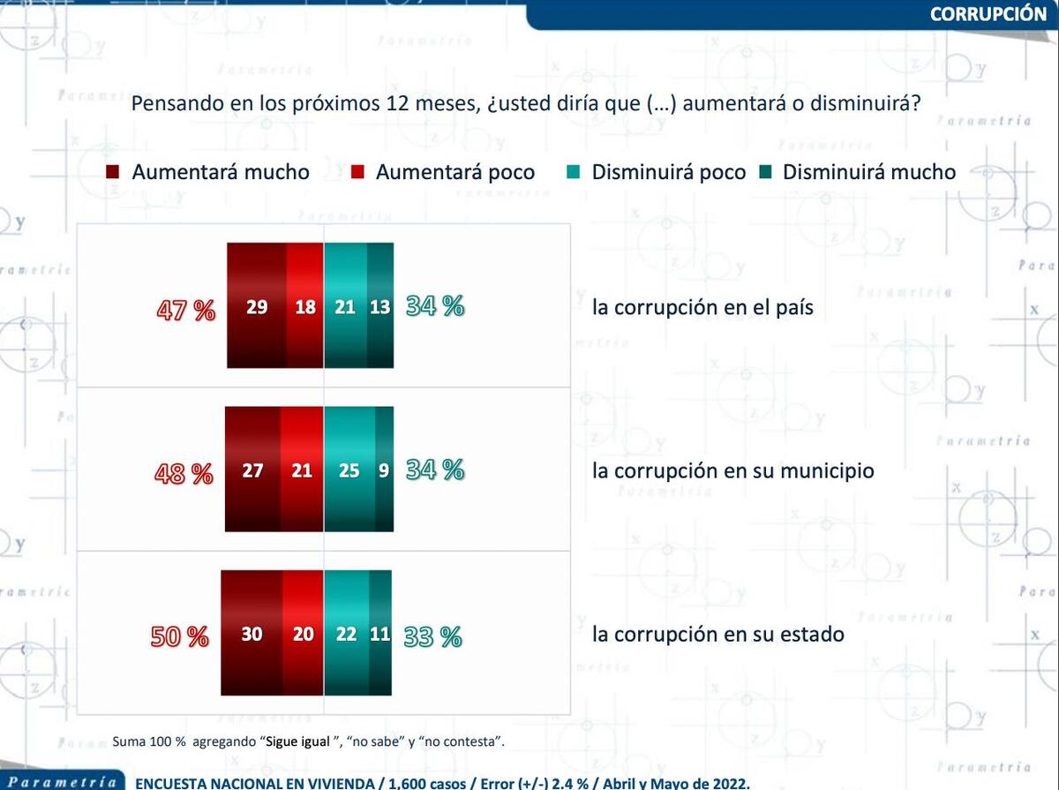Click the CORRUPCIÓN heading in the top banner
(x=988, y=13)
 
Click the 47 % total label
(x=186, y=310)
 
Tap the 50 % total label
(x=180, y=636)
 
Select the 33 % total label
(x=433, y=636)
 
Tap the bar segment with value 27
(x=252, y=470)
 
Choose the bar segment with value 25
(x=349, y=470)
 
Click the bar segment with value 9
(x=384, y=470)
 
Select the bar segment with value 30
(x=252, y=634)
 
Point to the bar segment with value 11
(x=380, y=634)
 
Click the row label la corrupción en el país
(x=702, y=308)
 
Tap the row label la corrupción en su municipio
(x=732, y=471)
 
